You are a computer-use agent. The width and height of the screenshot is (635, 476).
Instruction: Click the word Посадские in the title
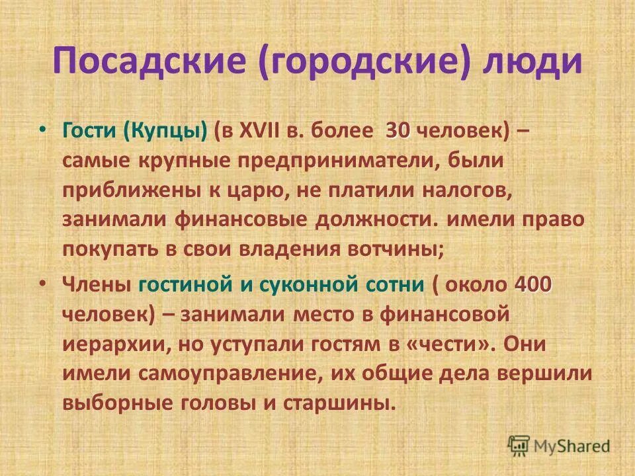click(151, 62)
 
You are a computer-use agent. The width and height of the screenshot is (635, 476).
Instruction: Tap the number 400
click(533, 285)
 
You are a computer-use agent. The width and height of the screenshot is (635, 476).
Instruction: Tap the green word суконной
click(310, 285)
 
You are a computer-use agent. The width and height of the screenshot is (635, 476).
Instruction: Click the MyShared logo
click(560, 446)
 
